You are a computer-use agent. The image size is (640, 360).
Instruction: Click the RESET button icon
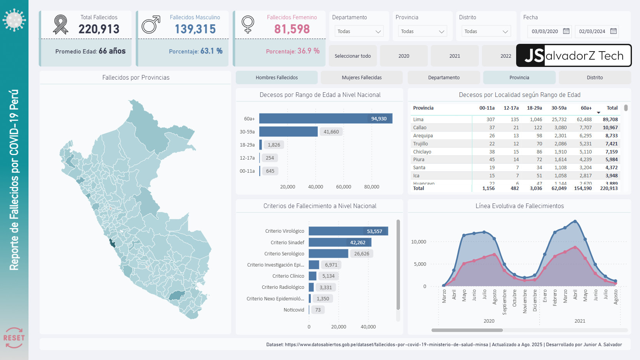[x=14, y=337]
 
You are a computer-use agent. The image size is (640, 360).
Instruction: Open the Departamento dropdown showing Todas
[x=359, y=32]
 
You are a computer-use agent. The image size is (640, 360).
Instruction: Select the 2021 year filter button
[x=455, y=56]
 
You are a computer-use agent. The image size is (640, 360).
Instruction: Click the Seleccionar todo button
[x=353, y=56]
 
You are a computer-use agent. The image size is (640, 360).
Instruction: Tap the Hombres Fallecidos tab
[x=277, y=78]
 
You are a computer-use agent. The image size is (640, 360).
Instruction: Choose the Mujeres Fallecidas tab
[x=362, y=78]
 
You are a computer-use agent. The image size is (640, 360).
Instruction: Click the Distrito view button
[x=595, y=78]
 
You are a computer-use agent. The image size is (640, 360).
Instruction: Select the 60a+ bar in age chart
[x=325, y=118]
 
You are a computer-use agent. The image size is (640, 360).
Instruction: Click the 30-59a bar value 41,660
[x=331, y=132]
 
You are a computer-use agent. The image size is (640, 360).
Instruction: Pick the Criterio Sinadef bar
[x=340, y=242]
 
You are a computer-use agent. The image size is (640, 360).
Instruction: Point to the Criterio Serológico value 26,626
[x=362, y=254]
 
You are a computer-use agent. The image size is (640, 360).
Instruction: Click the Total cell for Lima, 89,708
[x=610, y=120]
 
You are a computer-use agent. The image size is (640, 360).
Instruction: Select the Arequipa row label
[x=423, y=136]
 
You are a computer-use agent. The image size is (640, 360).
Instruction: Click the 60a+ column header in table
[x=586, y=108]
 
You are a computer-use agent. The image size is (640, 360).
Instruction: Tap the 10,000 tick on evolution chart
[x=418, y=242]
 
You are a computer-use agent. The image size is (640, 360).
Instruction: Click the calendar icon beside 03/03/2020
[x=566, y=31]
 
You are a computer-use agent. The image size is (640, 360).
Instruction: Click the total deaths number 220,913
[x=99, y=29]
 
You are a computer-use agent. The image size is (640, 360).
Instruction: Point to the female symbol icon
[x=248, y=24]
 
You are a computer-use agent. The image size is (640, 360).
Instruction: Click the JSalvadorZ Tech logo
[x=573, y=56]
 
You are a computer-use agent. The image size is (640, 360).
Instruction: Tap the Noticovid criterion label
[x=293, y=310]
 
